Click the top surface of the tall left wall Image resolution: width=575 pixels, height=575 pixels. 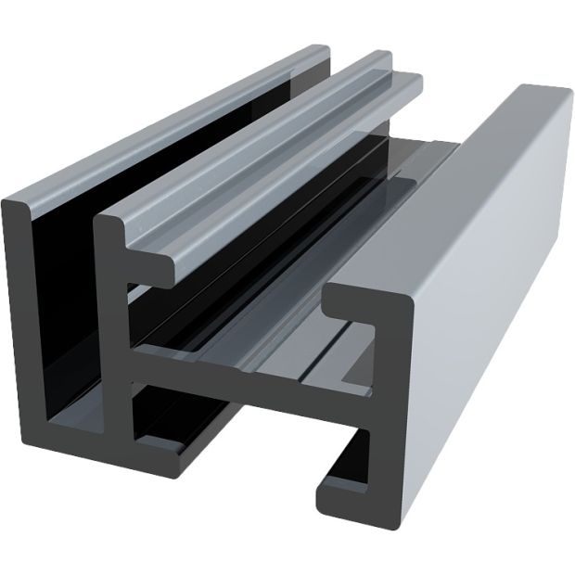[x=167, y=121]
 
